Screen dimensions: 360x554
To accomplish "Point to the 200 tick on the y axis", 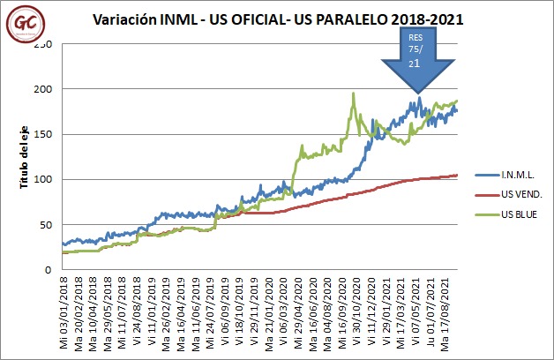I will point(41,89).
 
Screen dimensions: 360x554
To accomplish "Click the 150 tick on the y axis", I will point(41,134).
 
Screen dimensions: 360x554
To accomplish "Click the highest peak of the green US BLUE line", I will point(353,94).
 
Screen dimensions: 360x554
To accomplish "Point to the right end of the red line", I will point(457,175).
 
